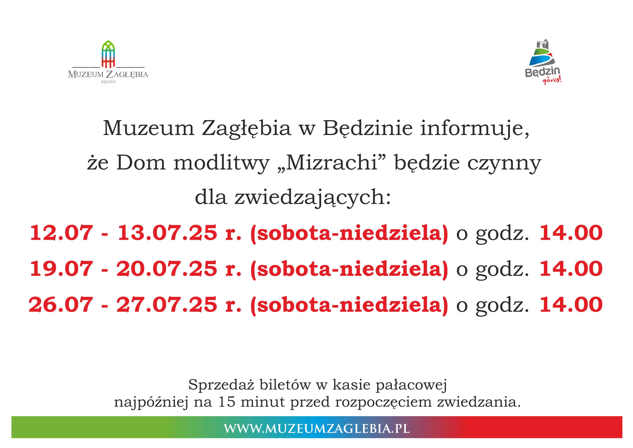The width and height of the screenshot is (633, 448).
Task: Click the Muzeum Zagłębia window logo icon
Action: (x=108, y=54)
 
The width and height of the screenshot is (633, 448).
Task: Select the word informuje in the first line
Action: (x=474, y=129)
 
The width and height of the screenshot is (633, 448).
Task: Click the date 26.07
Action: (x=61, y=305)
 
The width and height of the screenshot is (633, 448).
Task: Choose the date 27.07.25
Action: (x=167, y=305)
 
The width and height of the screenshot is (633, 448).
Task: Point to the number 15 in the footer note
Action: (x=227, y=402)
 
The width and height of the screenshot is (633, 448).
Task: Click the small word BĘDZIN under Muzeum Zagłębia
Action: (x=108, y=82)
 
